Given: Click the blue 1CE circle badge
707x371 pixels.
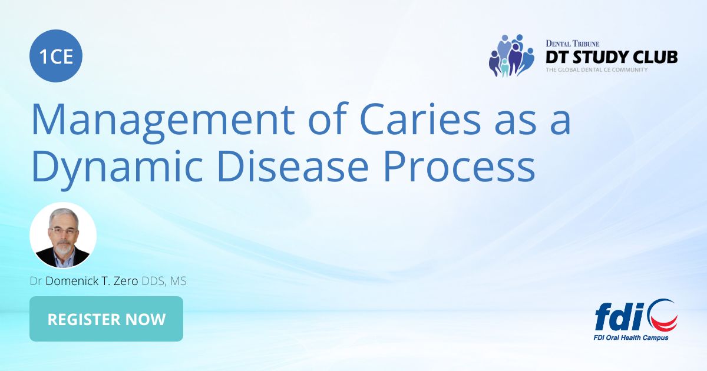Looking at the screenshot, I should coord(56,57).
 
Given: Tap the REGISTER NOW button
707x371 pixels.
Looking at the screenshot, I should coord(106,319).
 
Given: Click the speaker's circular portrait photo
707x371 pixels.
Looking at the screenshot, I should coord(63,236).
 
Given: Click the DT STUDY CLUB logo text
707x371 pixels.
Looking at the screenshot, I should coord(611,57).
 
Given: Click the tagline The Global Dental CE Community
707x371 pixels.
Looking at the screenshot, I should coord(596,70).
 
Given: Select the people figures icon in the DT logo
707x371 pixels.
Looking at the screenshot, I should coord(510,56).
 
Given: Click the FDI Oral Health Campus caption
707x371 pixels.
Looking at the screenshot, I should coord(631,338).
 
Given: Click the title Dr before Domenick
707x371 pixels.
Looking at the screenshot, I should coord(36,281).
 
